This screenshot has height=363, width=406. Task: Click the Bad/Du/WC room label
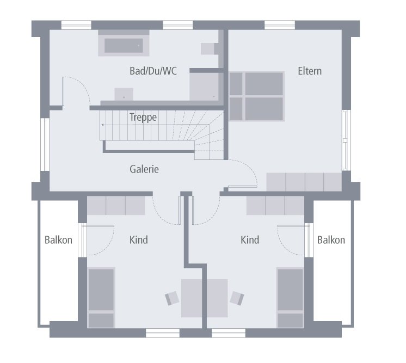pyautogui.click(x=153, y=71)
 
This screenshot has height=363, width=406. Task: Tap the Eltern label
pyautogui.click(x=310, y=71)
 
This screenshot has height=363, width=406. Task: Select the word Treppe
pyautogui.click(x=143, y=117)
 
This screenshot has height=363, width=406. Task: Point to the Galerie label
pyautogui.click(x=144, y=169)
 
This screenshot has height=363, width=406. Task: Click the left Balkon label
pyautogui.click(x=58, y=239)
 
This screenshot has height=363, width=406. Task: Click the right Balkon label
pyautogui.click(x=331, y=239)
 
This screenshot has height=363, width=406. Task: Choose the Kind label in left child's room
pyautogui.click(x=139, y=239)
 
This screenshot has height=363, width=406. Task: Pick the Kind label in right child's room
pyautogui.click(x=250, y=239)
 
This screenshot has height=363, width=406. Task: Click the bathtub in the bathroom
pyautogui.click(x=124, y=46)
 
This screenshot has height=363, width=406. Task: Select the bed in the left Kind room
pyautogui.click(x=101, y=297)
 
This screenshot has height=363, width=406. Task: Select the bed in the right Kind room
pyautogui.click(x=291, y=297)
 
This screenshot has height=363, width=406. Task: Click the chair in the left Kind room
pyautogui.click(x=173, y=298)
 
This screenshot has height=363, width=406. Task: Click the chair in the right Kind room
pyautogui.click(x=237, y=298)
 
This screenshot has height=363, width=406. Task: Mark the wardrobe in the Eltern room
pyautogui.click(x=304, y=182)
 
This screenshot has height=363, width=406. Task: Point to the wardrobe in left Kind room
pyautogui.click(x=116, y=206)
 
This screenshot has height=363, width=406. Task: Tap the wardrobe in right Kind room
pyautogui.click(x=275, y=206)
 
